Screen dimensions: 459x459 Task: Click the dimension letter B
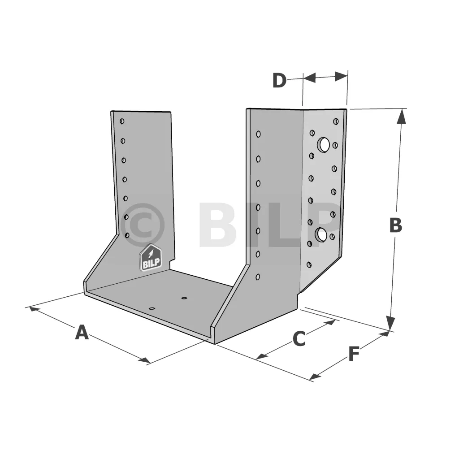click(395, 225)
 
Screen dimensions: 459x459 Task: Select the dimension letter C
click(299, 339)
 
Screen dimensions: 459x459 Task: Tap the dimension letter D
click(279, 80)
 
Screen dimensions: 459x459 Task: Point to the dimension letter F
click(354, 354)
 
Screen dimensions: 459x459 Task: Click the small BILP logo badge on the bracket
click(151, 258)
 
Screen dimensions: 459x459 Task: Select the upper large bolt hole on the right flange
click(323, 145)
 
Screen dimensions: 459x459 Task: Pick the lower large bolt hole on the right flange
click(321, 235)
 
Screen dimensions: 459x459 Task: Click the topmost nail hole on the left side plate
click(122, 121)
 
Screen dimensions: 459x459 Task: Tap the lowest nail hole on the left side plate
click(127, 235)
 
